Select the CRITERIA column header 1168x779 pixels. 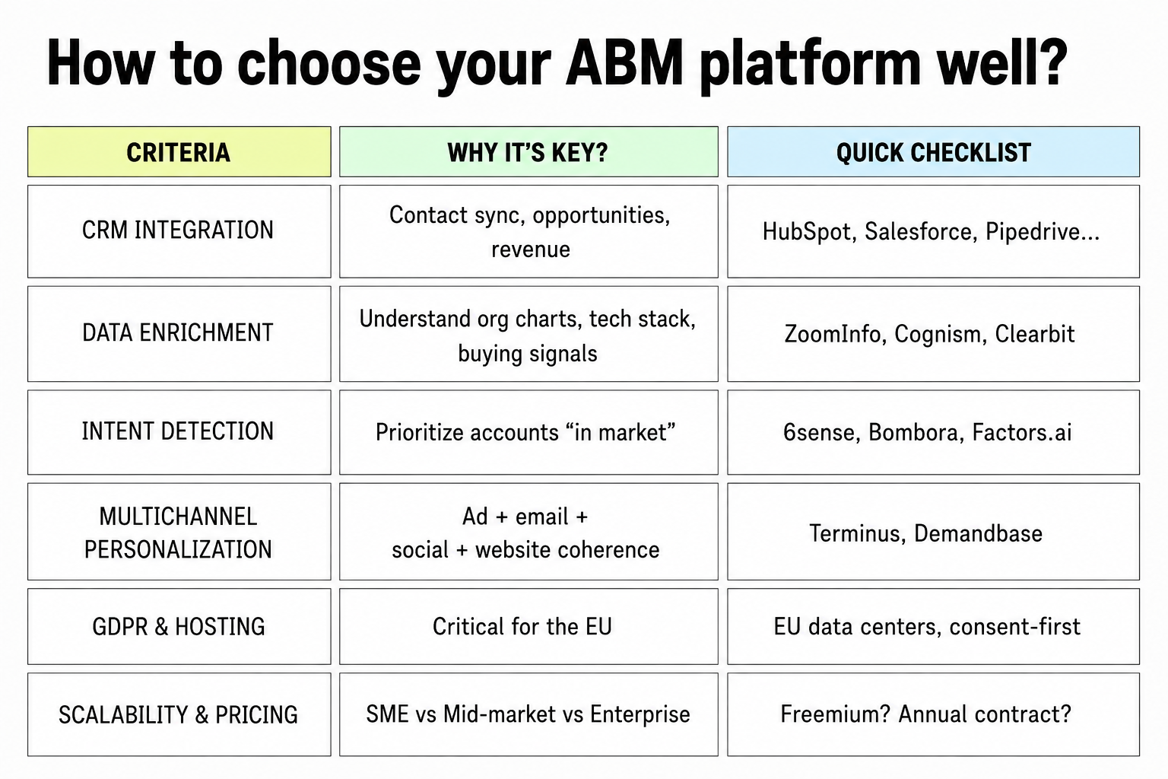(179, 152)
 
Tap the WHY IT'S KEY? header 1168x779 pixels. (528, 152)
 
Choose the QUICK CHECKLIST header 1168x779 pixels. (933, 152)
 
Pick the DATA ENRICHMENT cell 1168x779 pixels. (179, 334)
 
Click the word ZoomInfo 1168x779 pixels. (836, 334)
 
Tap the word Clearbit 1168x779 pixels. (1034, 334)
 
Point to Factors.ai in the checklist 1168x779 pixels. (1022, 433)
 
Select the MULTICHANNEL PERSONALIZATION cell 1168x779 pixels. (179, 532)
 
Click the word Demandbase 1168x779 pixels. (978, 533)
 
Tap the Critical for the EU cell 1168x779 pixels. (528, 626)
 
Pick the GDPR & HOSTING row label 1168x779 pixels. (179, 626)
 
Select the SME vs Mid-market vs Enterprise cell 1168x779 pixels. (528, 714)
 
